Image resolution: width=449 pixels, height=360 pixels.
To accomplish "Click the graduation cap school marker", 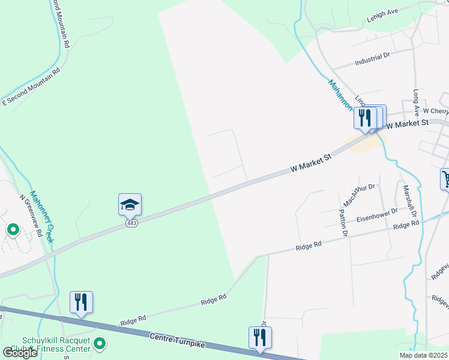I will (130, 205).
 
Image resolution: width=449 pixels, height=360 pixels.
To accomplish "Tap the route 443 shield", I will (131, 223).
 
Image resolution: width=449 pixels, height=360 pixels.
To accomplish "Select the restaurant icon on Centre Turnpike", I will (260, 338).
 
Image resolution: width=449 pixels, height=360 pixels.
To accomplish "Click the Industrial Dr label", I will (372, 58).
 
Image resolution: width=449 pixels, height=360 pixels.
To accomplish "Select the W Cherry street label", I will (435, 111).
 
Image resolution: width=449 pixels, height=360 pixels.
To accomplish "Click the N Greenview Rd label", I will (31, 215).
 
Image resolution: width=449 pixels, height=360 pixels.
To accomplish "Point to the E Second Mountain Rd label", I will (32, 87).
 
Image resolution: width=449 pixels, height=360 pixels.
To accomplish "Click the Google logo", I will (20, 352).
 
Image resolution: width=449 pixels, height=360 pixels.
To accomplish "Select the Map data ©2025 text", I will (423, 355).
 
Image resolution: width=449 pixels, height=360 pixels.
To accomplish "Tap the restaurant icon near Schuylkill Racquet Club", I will (81, 302).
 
